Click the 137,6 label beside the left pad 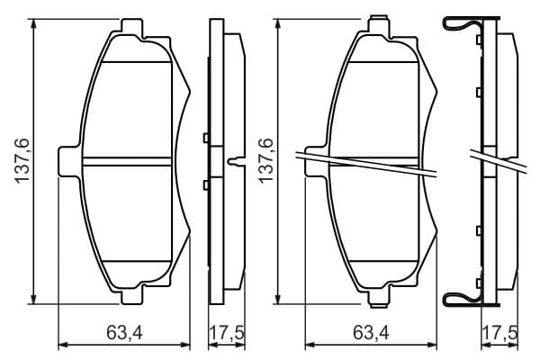coord(22,160)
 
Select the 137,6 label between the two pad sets coord(265,160)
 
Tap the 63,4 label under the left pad coord(124,334)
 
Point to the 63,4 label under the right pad coord(371,334)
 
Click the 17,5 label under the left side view coord(227,334)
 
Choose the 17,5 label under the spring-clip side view coord(500,334)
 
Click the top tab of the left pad coord(132,27)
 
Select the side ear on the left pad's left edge coord(70,161)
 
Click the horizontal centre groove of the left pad coord(127,162)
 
